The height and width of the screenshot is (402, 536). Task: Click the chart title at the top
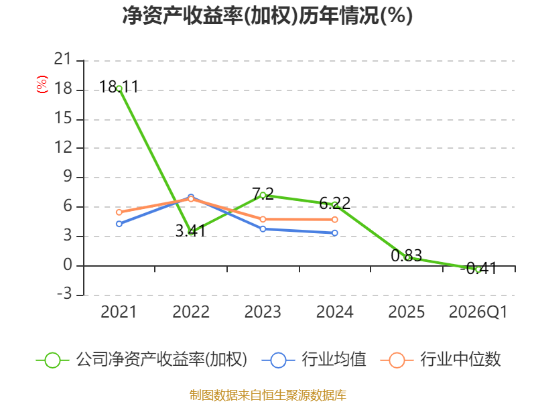[x=267, y=15]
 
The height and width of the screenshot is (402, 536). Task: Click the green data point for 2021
[x=119, y=89]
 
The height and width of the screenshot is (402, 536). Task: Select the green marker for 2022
[x=191, y=232]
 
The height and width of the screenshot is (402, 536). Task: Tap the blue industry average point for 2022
[x=191, y=197]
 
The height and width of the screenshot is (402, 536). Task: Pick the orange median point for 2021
[x=119, y=212]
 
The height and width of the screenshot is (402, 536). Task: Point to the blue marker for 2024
[x=334, y=232]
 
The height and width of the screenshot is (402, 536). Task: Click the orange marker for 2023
[x=263, y=219]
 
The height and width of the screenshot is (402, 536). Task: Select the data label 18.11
[x=119, y=86]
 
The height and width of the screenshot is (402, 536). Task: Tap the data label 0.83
[x=407, y=255]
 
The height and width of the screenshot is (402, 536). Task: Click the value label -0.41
[x=478, y=269]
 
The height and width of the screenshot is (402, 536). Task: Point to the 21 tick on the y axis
[x=63, y=59]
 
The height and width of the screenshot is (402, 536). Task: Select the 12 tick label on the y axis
[x=63, y=147]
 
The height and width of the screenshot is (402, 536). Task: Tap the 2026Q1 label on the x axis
[x=478, y=312]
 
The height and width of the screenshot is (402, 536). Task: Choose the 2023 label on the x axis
[x=263, y=312]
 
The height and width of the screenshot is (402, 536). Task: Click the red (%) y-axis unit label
[x=42, y=84]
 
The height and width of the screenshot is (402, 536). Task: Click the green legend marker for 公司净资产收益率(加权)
[x=52, y=360]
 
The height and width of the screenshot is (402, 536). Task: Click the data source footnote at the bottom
[x=268, y=395]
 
